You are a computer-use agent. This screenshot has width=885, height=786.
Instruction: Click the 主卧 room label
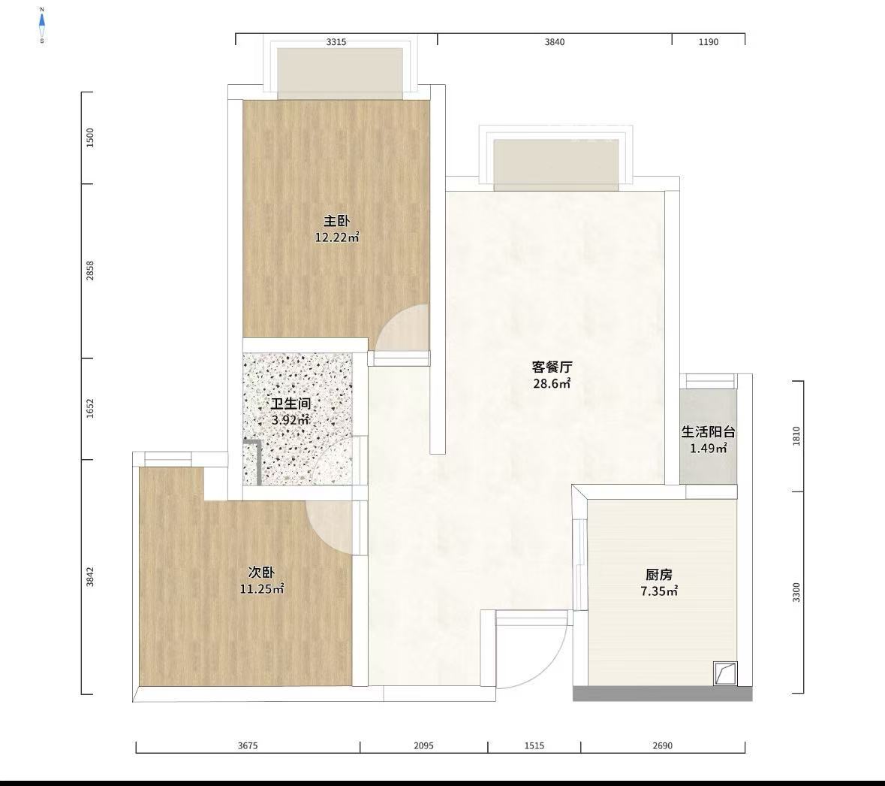pyautogui.click(x=336, y=221)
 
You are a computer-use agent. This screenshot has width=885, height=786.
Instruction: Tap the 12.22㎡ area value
pyautogui.click(x=337, y=237)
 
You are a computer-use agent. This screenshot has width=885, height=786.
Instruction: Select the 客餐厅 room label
pyautogui.click(x=552, y=367)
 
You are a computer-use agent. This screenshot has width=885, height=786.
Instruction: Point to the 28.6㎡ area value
pyautogui.click(x=552, y=384)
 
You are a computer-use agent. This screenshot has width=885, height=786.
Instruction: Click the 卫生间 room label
pyautogui.click(x=291, y=404)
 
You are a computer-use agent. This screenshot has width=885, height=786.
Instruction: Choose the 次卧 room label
pyautogui.click(x=261, y=573)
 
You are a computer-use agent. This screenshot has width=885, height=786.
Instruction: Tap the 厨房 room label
pyautogui.click(x=659, y=576)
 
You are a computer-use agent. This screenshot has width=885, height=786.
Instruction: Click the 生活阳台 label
pyautogui.click(x=709, y=432)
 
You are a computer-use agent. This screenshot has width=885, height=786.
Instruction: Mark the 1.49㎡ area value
pyautogui.click(x=709, y=449)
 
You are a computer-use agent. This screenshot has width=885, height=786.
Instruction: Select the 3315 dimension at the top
pyautogui.click(x=336, y=42)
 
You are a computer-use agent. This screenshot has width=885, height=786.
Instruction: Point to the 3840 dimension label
pyautogui.click(x=554, y=42)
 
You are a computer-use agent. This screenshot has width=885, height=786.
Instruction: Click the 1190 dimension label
pyautogui.click(x=709, y=42)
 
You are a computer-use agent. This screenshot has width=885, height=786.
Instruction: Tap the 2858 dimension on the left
pyautogui.click(x=90, y=271)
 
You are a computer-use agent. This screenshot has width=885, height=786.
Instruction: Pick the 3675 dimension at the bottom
pyautogui.click(x=248, y=746)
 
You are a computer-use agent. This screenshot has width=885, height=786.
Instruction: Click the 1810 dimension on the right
pyautogui.click(x=796, y=437)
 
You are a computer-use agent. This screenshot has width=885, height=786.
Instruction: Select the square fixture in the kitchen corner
pyautogui.click(x=725, y=673)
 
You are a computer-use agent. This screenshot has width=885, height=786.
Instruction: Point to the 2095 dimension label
pyautogui.click(x=424, y=746)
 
